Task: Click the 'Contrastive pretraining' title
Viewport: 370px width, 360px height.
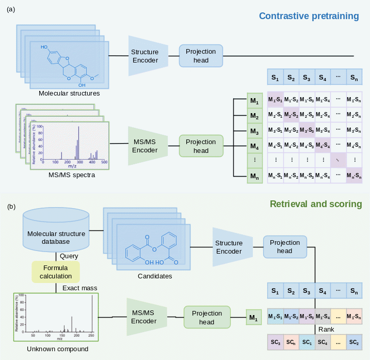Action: pos(309,16)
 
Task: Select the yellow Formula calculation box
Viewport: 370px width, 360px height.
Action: pos(56,272)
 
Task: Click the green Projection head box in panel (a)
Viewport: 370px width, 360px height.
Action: pos(201,146)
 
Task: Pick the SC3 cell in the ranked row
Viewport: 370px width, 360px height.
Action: pos(275,341)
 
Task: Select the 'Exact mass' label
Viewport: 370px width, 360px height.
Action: pos(80,288)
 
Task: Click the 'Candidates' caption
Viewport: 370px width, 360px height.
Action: pos(155,276)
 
